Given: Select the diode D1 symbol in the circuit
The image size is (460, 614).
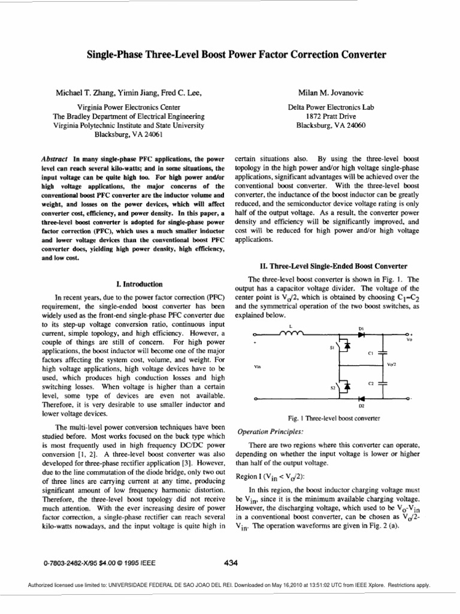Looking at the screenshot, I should click(x=361, y=334).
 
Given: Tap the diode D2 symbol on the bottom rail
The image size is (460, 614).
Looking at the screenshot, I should click(x=361, y=398).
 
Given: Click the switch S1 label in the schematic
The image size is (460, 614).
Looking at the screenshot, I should click(x=332, y=347).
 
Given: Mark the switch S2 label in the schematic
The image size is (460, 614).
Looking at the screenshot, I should click(x=332, y=387).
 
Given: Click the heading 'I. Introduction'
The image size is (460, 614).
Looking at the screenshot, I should click(x=137, y=284).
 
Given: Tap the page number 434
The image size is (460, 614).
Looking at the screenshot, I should click(x=231, y=562).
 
